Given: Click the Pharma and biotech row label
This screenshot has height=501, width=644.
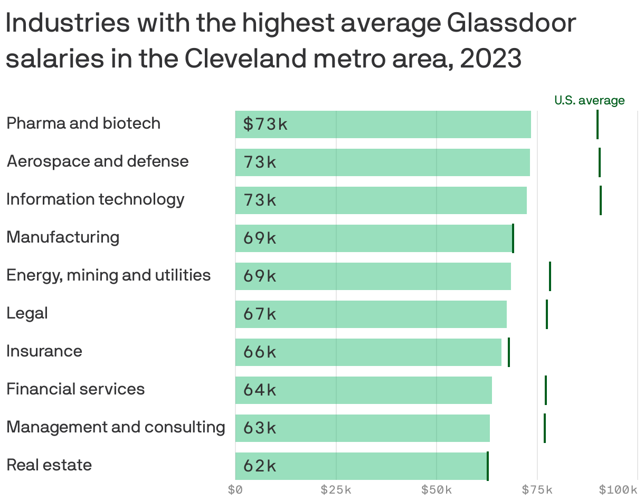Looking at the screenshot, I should [x=83, y=123].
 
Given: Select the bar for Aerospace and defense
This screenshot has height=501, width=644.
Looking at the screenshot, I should [x=382, y=162].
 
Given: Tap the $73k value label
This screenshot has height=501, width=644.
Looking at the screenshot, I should [x=266, y=124].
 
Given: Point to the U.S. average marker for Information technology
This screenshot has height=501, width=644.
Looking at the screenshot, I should [x=601, y=200].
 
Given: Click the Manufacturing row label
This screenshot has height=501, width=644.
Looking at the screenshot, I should [x=63, y=237].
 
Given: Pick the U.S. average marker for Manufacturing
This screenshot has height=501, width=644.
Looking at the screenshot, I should [x=513, y=238].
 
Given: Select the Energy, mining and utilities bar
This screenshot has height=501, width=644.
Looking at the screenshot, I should [x=373, y=276].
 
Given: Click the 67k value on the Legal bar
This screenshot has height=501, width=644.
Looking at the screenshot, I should [x=260, y=314].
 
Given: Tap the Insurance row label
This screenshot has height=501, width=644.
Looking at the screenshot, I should [x=44, y=351].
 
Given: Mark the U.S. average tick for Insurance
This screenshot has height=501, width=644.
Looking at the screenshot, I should [x=509, y=352].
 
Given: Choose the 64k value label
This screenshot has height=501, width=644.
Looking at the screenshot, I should [x=260, y=390].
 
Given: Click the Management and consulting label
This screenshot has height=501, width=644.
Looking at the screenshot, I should [x=116, y=427].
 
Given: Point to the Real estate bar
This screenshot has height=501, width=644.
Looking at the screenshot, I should [x=361, y=466].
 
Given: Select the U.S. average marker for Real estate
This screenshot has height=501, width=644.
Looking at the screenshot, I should [x=488, y=466].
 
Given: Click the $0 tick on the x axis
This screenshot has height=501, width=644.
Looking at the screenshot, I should [x=235, y=490].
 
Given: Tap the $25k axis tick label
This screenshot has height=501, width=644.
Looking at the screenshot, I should [x=336, y=490].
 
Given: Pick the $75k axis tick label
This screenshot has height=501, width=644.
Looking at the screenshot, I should [x=537, y=490].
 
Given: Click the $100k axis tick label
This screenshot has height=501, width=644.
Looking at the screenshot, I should [x=618, y=490].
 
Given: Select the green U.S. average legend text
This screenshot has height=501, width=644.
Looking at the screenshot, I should [x=589, y=100].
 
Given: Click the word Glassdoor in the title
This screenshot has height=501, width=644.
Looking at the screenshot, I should [x=511, y=24].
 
